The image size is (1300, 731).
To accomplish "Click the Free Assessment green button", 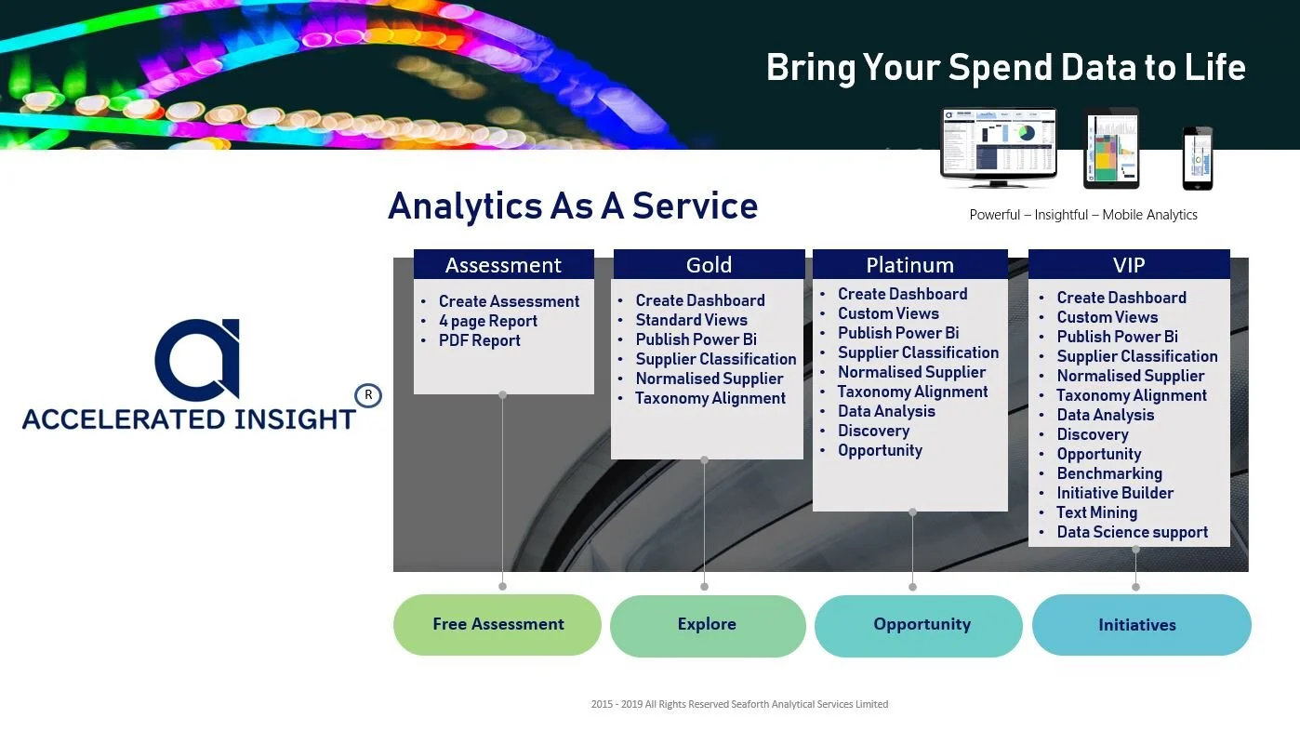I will (x=497, y=624).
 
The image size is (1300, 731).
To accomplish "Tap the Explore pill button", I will (x=707, y=624).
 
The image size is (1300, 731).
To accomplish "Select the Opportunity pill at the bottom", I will (x=921, y=624).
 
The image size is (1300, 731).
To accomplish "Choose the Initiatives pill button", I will (x=1137, y=625).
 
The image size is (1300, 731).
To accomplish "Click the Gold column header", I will (x=709, y=265).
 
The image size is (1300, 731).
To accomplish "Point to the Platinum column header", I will (x=909, y=265).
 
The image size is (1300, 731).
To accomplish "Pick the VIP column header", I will (x=1129, y=265).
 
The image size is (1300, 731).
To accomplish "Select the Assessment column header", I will (x=503, y=265).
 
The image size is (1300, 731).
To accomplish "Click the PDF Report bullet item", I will (x=479, y=340).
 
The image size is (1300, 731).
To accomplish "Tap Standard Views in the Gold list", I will (x=691, y=320).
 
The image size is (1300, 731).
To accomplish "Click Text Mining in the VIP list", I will (x=1096, y=512).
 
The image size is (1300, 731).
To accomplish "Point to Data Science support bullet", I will (x=1132, y=532).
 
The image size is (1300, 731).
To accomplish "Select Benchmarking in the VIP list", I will (x=1108, y=473).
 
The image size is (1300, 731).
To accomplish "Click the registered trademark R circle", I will (x=368, y=395).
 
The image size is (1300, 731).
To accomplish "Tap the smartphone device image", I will (x=1197, y=157).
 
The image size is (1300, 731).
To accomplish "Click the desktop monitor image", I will (x=999, y=147).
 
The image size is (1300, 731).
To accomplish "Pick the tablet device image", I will (x=1111, y=149).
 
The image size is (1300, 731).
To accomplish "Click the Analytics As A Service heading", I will (x=572, y=206).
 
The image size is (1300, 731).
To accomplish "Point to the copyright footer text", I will (x=739, y=704).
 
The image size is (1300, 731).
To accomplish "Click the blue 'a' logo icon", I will (x=198, y=360).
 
